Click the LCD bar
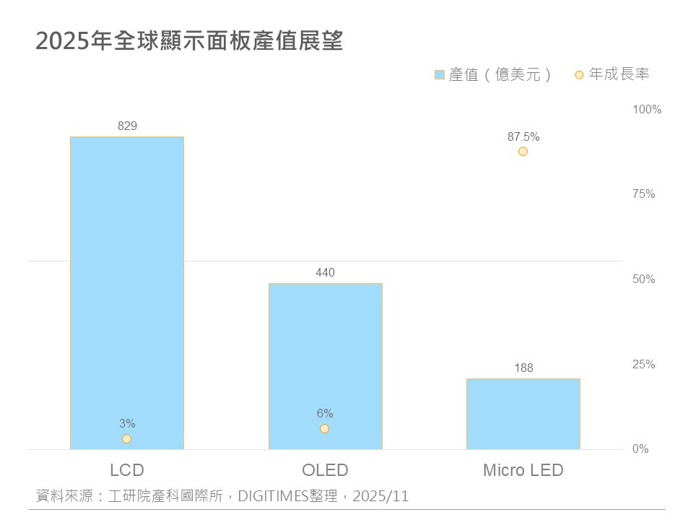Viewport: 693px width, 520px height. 127,289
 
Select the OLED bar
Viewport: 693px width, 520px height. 325,361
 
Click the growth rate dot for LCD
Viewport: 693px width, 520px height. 127,438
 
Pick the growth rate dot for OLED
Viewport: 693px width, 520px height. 325,428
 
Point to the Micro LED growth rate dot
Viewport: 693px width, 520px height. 523,152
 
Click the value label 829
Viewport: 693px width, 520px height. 127,126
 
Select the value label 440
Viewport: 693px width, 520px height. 325,273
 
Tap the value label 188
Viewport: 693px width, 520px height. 523,368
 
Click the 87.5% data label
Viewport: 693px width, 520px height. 523,136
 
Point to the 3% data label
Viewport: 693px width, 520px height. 127,424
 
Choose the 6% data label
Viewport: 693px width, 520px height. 325,414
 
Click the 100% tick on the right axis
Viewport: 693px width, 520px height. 647,110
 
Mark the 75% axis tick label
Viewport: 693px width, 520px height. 644,194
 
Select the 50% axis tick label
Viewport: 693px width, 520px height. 644,279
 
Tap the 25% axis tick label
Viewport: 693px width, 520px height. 644,365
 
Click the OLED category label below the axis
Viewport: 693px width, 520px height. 325,471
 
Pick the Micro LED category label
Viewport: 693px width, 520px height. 523,471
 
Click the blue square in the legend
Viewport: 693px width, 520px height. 440,74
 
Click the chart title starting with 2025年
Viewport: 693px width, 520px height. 189,41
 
